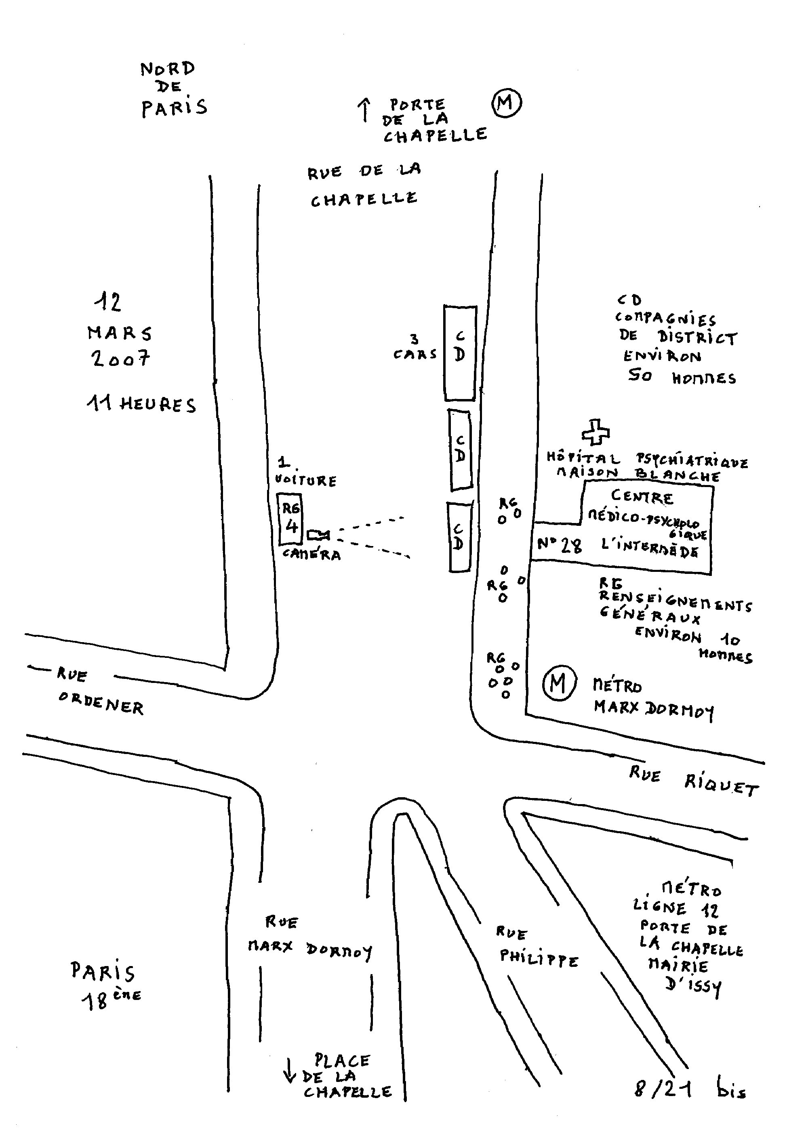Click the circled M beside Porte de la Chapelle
[x=507, y=103]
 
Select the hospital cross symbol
[x=596, y=432]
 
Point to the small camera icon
[x=318, y=534]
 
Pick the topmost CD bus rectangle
[x=460, y=353]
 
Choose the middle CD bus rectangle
[x=460, y=450]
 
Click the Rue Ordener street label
[x=99, y=691]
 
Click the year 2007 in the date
[x=120, y=358]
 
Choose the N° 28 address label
[x=559, y=545]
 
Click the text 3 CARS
[x=415, y=347]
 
